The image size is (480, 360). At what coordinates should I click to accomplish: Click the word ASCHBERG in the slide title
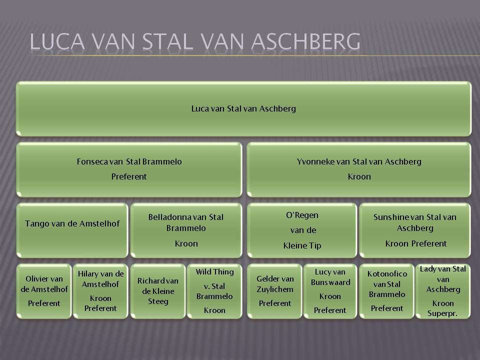pos(305,41)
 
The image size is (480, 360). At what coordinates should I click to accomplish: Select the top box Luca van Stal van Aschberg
pos(243,108)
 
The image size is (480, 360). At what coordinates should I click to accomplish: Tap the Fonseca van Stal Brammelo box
pos(129,169)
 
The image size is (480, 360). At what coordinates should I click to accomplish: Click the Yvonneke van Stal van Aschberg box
pos(359,169)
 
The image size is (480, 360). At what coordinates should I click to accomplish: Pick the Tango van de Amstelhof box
pos(72,230)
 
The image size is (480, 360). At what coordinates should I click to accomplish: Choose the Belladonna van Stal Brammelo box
pos(186,230)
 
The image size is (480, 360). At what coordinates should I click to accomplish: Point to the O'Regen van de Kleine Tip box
pos(302,230)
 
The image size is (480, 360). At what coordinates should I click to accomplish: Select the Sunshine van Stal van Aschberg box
pos(415,230)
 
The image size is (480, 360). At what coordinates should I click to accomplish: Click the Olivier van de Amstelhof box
pos(44,291)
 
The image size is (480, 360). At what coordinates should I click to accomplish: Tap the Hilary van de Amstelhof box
pos(100,291)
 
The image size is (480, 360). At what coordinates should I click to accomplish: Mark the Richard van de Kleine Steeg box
pos(158,291)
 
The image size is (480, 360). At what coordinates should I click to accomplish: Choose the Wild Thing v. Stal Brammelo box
pos(214,291)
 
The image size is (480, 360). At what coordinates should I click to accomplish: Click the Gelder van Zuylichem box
pos(274,291)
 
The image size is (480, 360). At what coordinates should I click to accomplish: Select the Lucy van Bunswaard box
pos(330,291)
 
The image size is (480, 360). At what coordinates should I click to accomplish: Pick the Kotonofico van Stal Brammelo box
pos(386,291)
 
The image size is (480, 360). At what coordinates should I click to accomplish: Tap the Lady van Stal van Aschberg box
pos(443,291)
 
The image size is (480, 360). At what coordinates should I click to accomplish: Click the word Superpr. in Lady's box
pos(442,313)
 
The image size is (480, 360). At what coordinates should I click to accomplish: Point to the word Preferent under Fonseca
pos(129,176)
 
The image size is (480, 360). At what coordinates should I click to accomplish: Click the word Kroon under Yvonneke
pos(359,176)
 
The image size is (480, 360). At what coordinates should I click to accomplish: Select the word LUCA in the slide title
pos(57,41)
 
